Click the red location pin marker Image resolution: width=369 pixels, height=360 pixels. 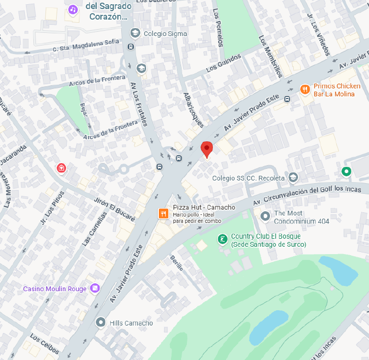coord(206,148)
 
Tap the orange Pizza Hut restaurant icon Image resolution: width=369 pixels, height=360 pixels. coord(164,213)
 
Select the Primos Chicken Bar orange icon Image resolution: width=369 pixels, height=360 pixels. coord(305,89)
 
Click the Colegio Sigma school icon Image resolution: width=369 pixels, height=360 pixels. coord(135,33)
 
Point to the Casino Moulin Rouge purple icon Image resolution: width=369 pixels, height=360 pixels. coord(95,288)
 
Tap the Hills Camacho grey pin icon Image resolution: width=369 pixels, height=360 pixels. coord(101,322)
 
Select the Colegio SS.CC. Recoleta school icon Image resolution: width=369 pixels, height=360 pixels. coord(293,177)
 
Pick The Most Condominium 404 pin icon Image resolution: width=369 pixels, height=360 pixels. coord(265,216)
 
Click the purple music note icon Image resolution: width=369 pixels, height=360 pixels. coord(73,9)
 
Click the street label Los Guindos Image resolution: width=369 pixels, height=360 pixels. coord(223,62)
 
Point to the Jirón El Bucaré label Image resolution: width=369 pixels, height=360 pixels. coord(115,208)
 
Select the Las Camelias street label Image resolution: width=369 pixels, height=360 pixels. coord(94,228)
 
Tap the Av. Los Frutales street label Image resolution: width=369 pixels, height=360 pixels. coord(139,104)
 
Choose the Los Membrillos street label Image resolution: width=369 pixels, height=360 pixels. coord(271,56)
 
